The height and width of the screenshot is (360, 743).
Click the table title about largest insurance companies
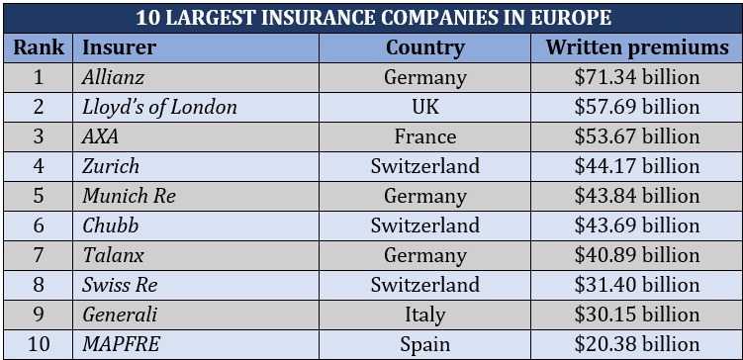click(x=371, y=18)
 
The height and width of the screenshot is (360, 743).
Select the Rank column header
click(x=39, y=47)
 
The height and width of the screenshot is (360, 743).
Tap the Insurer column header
click(x=119, y=47)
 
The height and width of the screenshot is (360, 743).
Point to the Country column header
click(x=424, y=47)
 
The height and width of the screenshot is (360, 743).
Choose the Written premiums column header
click(x=636, y=47)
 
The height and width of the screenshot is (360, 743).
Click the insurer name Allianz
click(x=115, y=77)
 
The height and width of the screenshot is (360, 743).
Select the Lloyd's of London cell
click(x=159, y=107)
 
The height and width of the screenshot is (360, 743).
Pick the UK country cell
click(x=424, y=107)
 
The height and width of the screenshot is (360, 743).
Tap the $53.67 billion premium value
click(x=636, y=136)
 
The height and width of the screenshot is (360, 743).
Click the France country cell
click(x=424, y=136)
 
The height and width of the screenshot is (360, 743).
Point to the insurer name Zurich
click(x=111, y=166)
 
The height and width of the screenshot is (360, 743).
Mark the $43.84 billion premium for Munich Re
click(x=636, y=196)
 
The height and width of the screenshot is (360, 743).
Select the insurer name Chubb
click(x=110, y=225)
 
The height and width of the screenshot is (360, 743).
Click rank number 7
click(x=39, y=255)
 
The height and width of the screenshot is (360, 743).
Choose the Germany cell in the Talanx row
click(x=424, y=255)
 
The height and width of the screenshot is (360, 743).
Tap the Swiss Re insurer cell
click(x=120, y=285)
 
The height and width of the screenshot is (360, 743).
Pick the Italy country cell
click(x=424, y=315)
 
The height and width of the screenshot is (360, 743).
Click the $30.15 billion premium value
click(x=636, y=315)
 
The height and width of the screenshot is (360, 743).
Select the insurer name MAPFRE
click(x=121, y=344)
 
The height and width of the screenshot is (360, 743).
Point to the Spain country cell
click(x=424, y=344)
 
